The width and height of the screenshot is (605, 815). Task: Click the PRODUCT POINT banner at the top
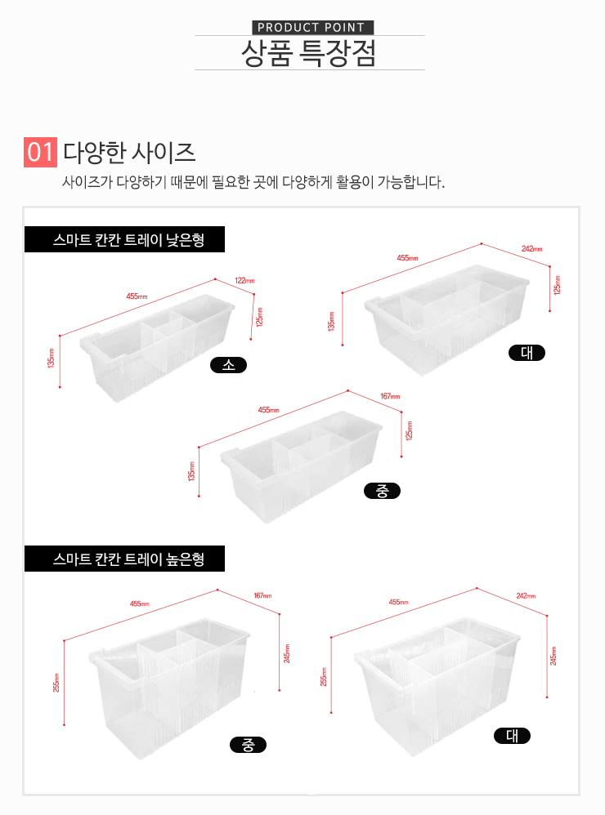312,28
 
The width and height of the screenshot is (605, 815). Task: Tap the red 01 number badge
40,152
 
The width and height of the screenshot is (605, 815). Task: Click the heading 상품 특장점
308,53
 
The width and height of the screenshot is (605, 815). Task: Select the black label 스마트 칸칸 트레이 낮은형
125,239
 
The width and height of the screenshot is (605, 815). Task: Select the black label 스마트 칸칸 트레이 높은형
125,559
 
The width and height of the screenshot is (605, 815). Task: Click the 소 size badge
228,365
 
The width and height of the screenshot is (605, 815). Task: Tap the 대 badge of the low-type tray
527,353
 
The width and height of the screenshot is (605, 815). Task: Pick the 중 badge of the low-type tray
383,491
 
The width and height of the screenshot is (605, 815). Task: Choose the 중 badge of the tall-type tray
249,745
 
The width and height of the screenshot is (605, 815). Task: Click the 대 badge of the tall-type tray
513,736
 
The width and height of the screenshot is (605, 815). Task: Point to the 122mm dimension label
244,281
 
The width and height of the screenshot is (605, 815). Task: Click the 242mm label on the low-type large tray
531,249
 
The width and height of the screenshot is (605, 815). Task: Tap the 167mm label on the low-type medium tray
390,396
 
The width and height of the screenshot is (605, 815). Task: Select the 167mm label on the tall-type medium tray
262,595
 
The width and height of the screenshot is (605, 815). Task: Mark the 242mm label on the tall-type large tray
526,595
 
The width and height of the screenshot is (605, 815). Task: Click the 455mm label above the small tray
137,296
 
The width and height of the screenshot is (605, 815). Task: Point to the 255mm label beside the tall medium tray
56,683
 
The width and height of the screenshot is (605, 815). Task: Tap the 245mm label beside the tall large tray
553,656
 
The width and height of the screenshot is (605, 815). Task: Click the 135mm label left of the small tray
51,359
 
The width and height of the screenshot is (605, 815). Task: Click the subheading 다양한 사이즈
129,152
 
